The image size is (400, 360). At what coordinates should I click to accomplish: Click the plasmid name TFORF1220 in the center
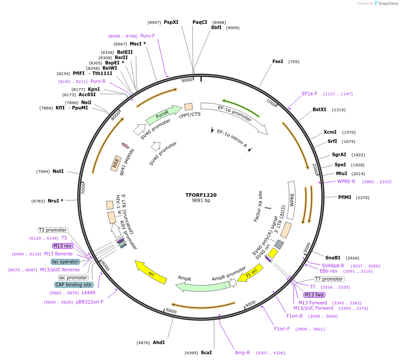[201, 195]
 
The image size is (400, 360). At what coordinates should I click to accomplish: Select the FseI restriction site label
[278, 62]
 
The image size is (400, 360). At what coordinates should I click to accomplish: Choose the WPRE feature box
[291, 200]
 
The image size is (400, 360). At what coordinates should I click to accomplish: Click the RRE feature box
[116, 163]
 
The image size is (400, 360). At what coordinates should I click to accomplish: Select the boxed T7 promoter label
[329, 279]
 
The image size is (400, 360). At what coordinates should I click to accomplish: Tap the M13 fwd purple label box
[314, 295]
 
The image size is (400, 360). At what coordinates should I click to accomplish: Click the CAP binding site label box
[74, 285]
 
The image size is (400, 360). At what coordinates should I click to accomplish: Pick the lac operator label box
[65, 262]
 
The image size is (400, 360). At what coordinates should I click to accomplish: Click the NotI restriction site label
[58, 171]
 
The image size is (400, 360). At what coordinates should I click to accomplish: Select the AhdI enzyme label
[158, 342]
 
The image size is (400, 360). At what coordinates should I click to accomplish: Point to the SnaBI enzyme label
[333, 258]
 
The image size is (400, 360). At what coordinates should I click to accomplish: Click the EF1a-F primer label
[309, 94]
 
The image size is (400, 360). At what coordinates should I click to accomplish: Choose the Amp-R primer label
[242, 352]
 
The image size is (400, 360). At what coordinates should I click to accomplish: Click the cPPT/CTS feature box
[189, 107]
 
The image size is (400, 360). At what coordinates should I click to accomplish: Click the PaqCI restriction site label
[200, 22]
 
